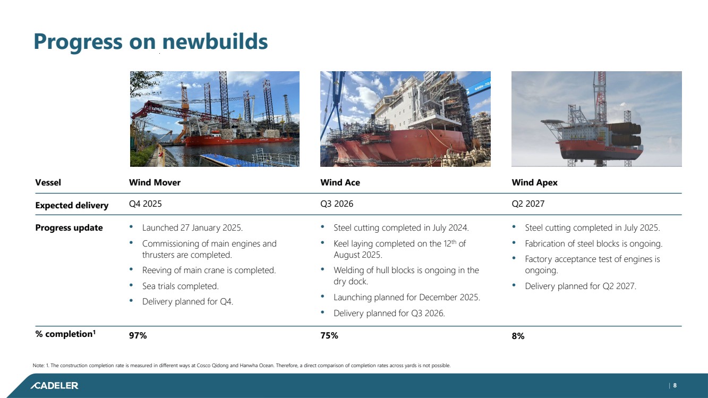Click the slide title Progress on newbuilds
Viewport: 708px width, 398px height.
pos(150,42)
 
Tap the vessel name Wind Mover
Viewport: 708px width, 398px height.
pos(155,182)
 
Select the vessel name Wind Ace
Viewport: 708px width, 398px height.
pos(340,182)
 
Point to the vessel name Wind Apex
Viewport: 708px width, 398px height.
pos(534,183)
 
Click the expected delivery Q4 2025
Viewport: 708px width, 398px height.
pos(145,204)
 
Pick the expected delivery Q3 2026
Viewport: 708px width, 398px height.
pos(337,204)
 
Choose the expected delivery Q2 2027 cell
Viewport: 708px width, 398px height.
pos(528,204)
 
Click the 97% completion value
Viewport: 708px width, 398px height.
pos(138,335)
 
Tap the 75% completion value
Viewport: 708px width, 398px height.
pos(329,335)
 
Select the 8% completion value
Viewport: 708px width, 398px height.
pos(518,336)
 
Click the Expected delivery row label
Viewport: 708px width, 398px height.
pos(72,206)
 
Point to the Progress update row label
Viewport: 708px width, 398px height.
pos(69,227)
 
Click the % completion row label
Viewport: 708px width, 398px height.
pos(65,334)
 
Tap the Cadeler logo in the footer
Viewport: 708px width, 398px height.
pos(54,385)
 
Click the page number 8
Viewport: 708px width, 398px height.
pos(675,385)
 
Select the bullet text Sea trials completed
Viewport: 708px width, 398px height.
pos(180,286)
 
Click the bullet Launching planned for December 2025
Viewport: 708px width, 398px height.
pos(406,298)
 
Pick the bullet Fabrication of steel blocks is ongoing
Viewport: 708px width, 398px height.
pos(593,244)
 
